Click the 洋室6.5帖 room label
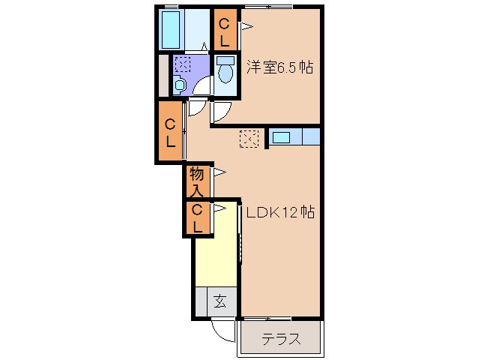279,67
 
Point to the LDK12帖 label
279,213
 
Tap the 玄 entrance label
219,302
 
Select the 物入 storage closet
197,181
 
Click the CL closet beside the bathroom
224,30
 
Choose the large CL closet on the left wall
171,133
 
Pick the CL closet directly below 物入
197,218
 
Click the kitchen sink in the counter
282,137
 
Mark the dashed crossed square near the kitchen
249,138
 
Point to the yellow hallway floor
216,251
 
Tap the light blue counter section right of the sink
311,137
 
